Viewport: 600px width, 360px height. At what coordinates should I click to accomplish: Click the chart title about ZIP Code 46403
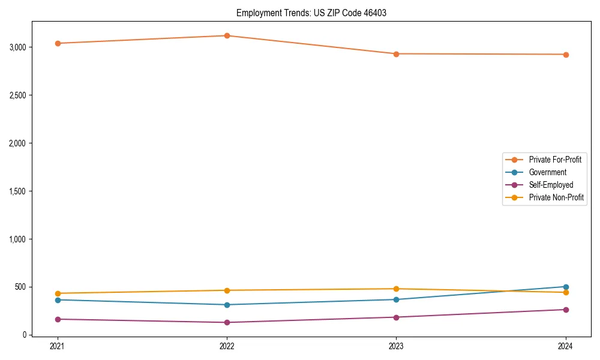(311, 13)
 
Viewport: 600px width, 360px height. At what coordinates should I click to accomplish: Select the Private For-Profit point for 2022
(227, 35)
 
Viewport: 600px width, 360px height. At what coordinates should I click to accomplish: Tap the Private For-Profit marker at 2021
(58, 43)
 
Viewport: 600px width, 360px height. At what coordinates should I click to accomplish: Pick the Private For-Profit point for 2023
(396, 54)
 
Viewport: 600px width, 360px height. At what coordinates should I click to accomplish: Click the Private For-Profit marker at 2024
(566, 55)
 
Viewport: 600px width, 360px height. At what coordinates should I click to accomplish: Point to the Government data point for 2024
(566, 287)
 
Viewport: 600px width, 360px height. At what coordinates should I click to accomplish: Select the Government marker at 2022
(227, 305)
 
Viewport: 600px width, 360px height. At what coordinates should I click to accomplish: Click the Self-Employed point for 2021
(58, 319)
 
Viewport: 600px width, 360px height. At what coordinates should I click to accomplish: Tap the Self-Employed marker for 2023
(396, 317)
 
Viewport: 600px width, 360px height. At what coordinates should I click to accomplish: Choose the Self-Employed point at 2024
(566, 310)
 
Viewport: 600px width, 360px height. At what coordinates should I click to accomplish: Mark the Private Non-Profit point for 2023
(396, 289)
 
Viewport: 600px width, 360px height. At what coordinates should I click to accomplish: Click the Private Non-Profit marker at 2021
(58, 293)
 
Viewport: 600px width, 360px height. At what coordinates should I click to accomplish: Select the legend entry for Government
(547, 172)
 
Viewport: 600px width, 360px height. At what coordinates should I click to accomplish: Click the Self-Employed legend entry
(551, 185)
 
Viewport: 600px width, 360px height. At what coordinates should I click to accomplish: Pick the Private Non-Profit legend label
(556, 197)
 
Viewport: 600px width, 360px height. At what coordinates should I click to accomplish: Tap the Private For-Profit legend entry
(555, 160)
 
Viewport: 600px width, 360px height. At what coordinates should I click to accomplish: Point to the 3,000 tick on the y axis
(17, 47)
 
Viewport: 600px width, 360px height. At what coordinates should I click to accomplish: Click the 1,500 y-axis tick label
(17, 191)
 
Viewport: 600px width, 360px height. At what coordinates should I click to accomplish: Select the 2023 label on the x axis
(396, 346)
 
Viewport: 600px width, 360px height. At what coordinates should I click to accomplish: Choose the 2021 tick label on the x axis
(58, 346)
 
